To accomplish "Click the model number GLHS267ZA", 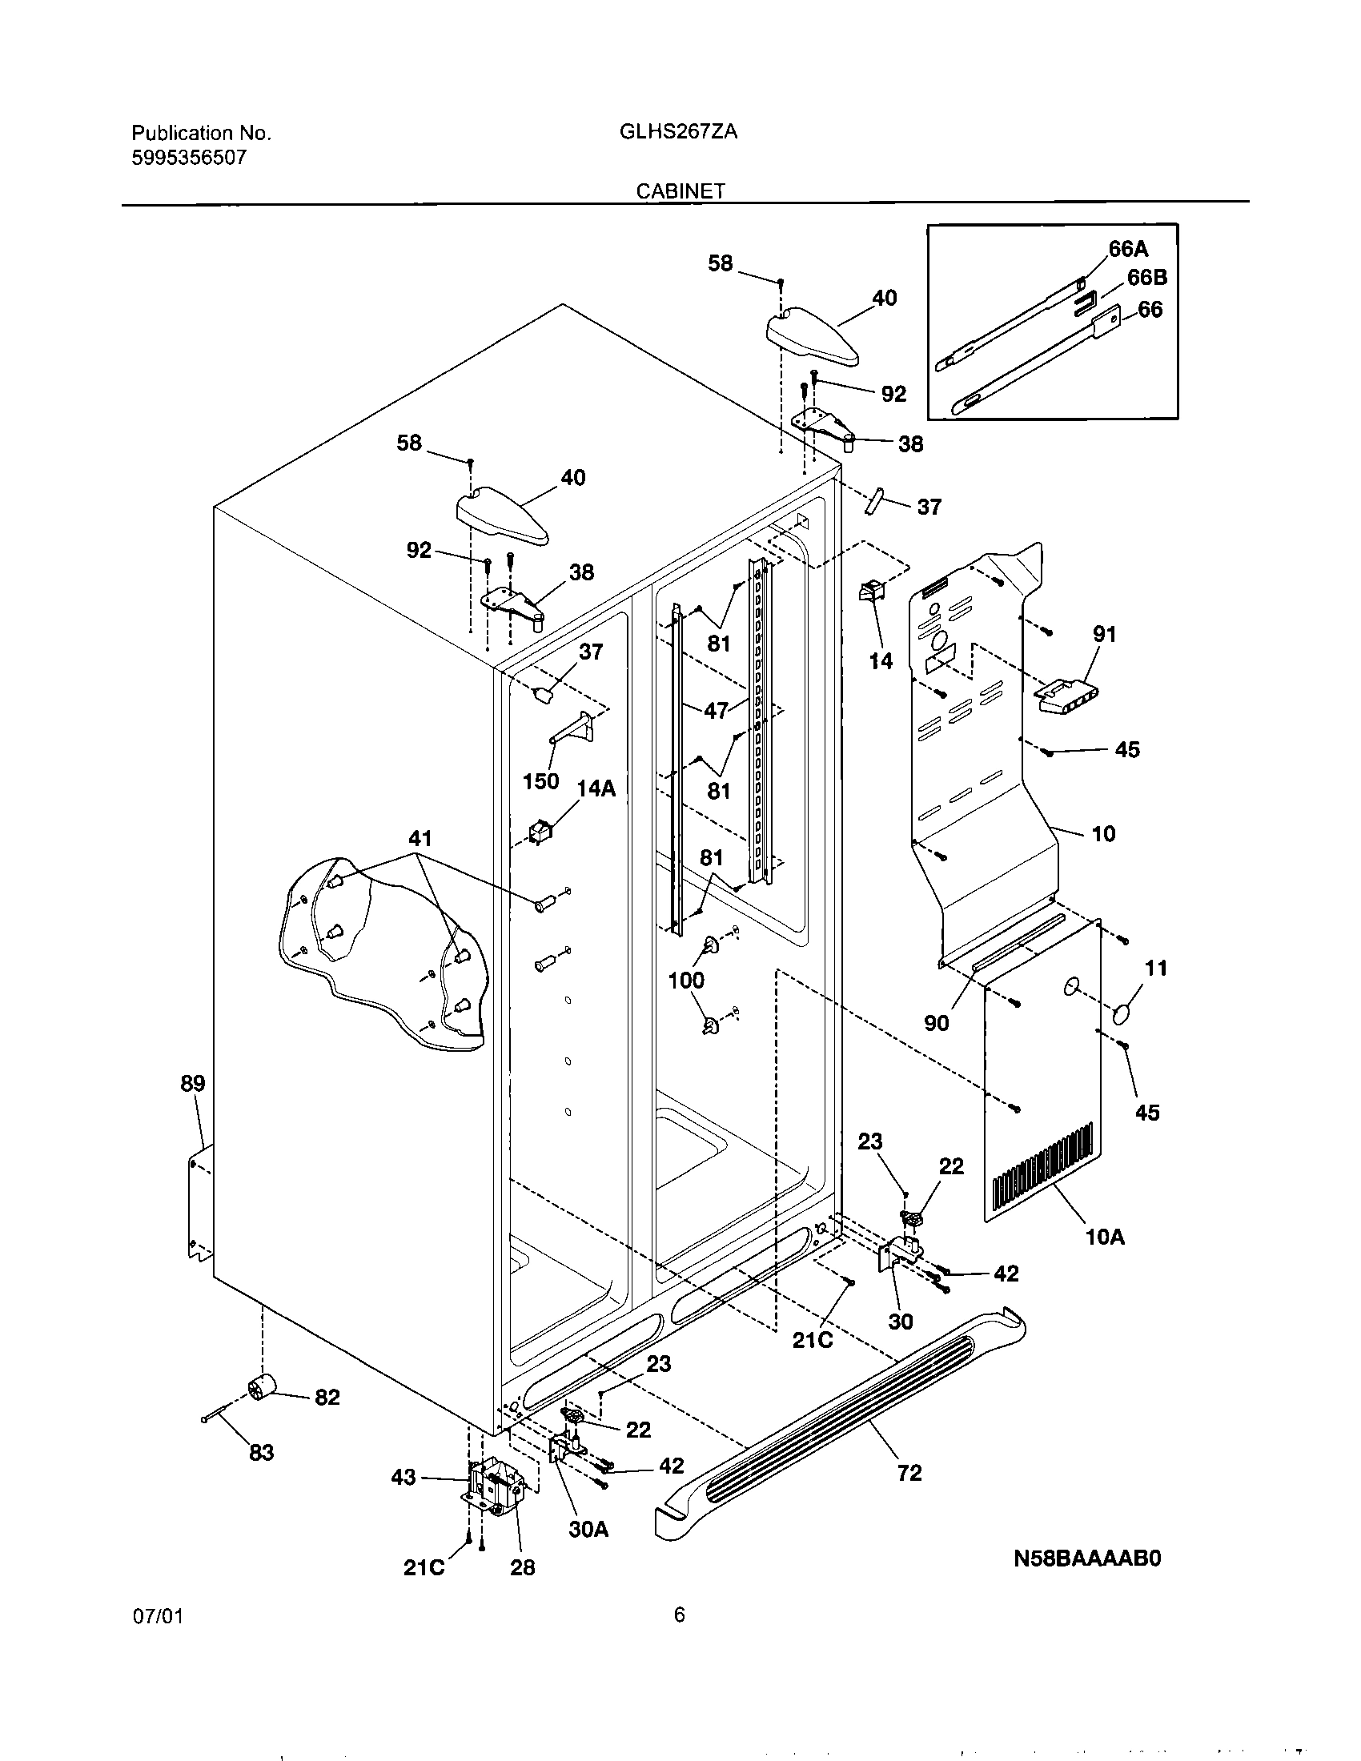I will [x=678, y=132].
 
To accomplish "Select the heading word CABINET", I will [x=680, y=191].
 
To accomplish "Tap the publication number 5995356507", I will [x=189, y=157].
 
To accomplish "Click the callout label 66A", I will [x=1128, y=248].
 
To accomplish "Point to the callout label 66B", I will [x=1146, y=279].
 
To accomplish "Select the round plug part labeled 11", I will [x=1123, y=1014].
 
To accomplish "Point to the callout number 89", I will [x=193, y=1083].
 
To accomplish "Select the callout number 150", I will [x=540, y=780].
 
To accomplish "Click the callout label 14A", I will [x=596, y=788].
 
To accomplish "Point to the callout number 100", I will [x=686, y=981].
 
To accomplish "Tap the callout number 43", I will [x=403, y=1476].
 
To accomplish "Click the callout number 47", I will [x=717, y=710].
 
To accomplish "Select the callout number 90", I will [x=936, y=1022].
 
